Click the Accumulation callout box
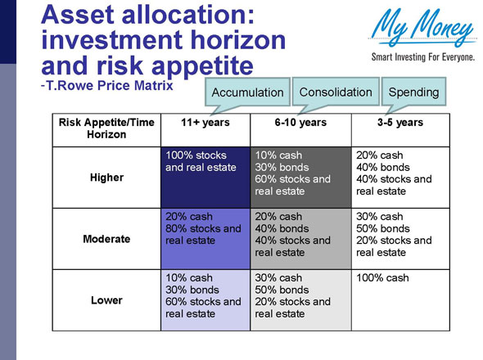(x=247, y=92)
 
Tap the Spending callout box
(x=413, y=92)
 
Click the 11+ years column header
(x=205, y=123)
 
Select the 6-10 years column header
(x=300, y=123)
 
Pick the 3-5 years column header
(x=400, y=123)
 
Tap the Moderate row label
(x=106, y=239)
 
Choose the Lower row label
(x=106, y=300)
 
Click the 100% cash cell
(x=400, y=300)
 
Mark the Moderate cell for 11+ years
(x=205, y=239)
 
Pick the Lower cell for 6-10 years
(x=300, y=300)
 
